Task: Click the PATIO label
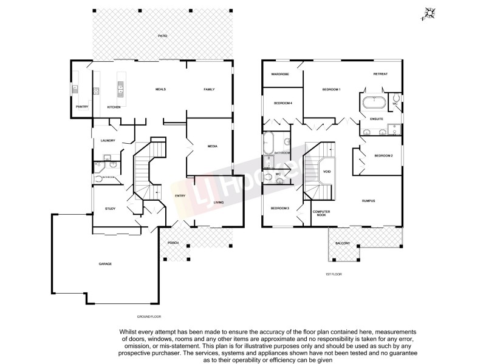click(162, 36)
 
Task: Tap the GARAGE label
click(106, 264)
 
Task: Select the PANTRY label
click(82, 107)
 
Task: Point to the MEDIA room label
click(213, 147)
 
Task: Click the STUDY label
click(110, 209)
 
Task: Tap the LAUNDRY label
click(108, 141)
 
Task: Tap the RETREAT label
click(381, 74)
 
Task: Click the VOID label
click(327, 172)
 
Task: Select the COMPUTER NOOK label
click(320, 214)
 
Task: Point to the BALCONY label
click(343, 243)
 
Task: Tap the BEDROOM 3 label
click(279, 208)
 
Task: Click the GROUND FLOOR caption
click(149, 317)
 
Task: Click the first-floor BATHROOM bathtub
click(269, 143)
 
